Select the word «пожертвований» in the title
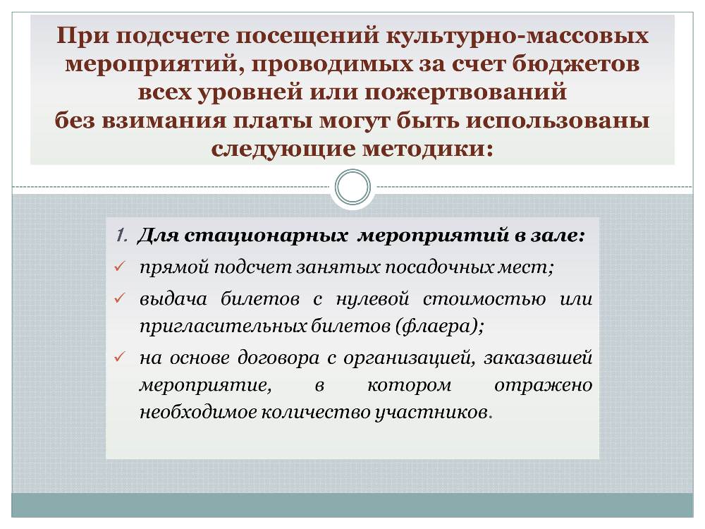tap(465, 92)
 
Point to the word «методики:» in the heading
tap(428, 149)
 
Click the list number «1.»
tap(121, 236)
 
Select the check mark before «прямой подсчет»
tap(120, 267)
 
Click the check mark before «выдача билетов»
tap(120, 298)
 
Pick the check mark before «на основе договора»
tap(120, 357)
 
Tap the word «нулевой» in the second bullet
tap(373, 298)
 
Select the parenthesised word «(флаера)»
tap(439, 326)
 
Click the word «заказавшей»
tap(538, 358)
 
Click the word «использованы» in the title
tap(557, 121)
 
